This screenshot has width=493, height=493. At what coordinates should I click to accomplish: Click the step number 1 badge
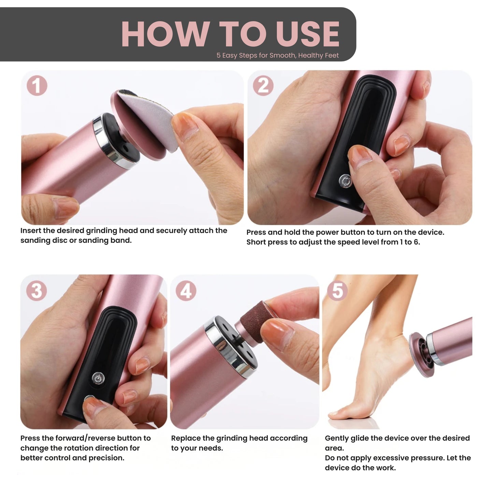click(x=37, y=86)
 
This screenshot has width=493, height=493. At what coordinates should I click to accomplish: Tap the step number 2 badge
click(x=263, y=86)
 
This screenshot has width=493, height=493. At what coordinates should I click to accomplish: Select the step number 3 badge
click(x=37, y=291)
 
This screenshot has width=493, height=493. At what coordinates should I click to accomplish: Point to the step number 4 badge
click(x=186, y=291)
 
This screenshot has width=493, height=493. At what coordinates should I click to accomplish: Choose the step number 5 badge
click(x=337, y=291)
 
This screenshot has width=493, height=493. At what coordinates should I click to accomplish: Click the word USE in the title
click(x=307, y=34)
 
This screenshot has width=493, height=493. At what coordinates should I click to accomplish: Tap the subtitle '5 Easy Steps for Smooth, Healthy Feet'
click(x=277, y=55)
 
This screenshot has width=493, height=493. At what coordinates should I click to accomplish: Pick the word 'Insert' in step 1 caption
click(x=30, y=231)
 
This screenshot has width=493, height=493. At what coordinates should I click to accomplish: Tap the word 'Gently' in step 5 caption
click(x=336, y=438)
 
